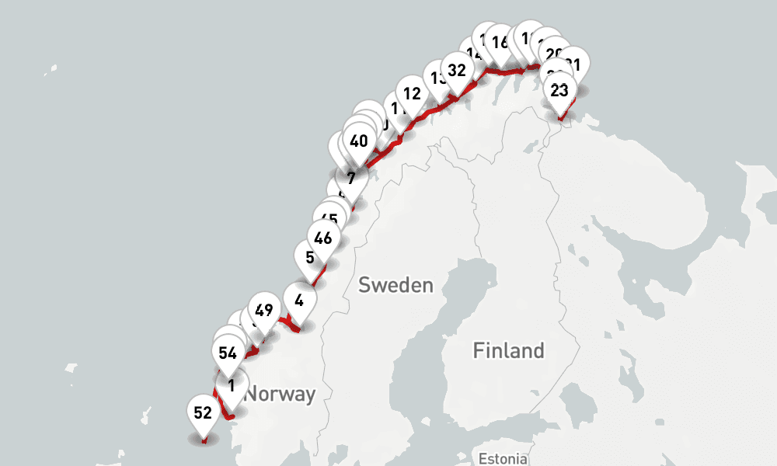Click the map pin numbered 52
coord(203,413)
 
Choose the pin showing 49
coord(263,311)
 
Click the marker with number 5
coord(310,257)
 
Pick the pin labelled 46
coord(323,238)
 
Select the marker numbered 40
coord(358,141)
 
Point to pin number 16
coord(500,42)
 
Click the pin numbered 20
coord(554,53)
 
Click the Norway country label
coord(280,394)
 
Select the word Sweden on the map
coord(395,285)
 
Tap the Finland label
coord(509,351)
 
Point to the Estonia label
coord(503,458)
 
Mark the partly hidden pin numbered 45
coord(329,218)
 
